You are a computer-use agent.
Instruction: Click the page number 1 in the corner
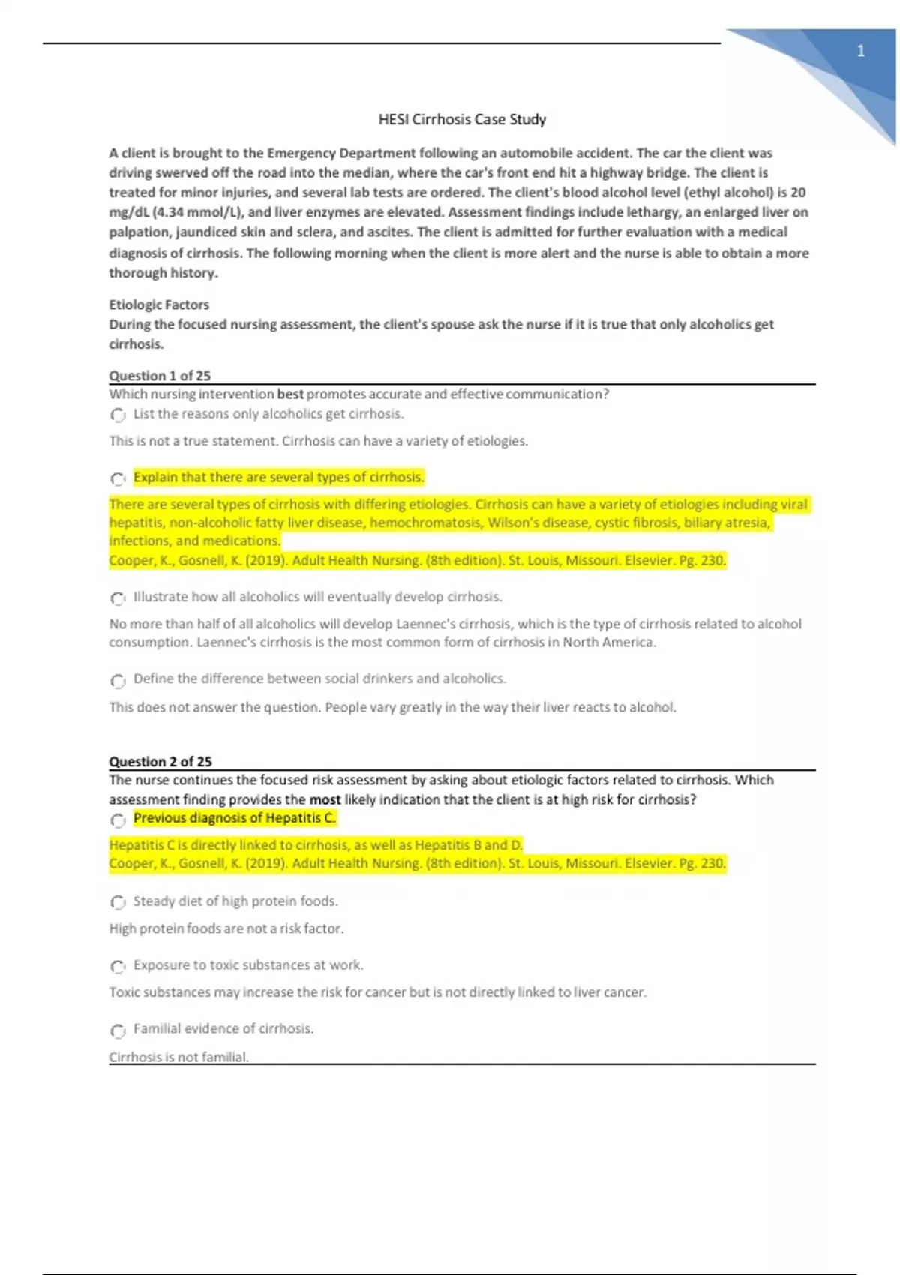point(861,52)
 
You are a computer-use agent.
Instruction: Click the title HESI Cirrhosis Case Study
point(462,119)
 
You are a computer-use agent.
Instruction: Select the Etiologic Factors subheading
point(159,304)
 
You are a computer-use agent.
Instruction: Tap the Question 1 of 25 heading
point(160,376)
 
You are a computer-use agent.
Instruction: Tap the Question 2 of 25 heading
point(160,761)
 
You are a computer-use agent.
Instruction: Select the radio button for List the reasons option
point(118,415)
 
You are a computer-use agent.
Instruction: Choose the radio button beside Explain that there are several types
point(118,478)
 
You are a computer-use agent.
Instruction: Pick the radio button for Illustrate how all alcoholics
point(118,598)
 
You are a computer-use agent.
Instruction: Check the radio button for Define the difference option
point(118,680)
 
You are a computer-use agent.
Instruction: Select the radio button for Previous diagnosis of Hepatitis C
point(118,820)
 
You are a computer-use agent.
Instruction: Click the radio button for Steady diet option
point(118,902)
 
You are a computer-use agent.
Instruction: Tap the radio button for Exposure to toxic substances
point(118,966)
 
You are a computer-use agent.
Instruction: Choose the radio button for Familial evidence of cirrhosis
point(118,1030)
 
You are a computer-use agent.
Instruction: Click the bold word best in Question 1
point(290,394)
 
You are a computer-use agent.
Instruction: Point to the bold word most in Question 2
point(325,799)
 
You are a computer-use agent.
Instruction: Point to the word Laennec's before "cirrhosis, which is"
point(426,624)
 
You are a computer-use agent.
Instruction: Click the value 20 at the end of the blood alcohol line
point(798,192)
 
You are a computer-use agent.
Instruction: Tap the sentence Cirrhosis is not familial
point(178,1057)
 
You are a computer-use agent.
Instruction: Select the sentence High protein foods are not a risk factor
point(226,928)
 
